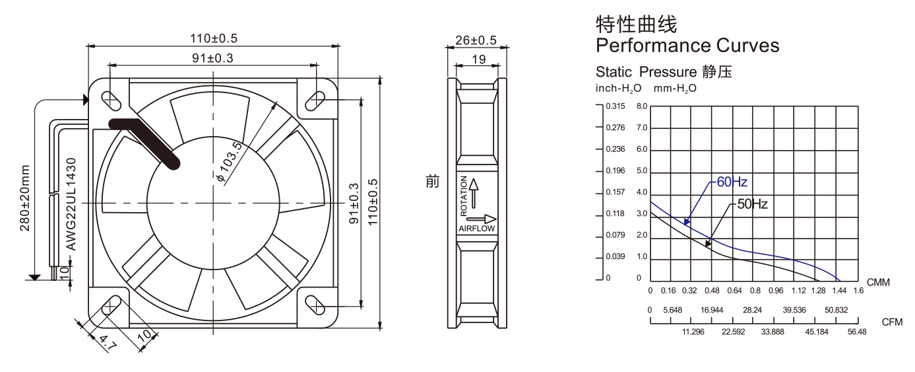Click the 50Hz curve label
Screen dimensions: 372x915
[752, 204]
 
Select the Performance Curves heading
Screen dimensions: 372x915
[687, 46]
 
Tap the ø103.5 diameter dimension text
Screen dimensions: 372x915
[229, 162]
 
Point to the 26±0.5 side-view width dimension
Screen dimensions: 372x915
[476, 41]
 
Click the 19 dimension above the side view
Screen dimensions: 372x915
[480, 59]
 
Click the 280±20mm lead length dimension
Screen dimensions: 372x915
[26, 198]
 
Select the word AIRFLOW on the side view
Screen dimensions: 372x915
[476, 229]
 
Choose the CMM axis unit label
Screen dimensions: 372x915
[878, 283]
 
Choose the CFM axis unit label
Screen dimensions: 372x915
[891, 322]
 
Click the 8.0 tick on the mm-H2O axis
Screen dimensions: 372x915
[642, 106]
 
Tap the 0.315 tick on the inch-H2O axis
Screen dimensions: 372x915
[615, 106]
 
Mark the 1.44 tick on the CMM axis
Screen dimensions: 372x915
[839, 291]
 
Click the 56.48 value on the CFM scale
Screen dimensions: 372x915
[857, 332]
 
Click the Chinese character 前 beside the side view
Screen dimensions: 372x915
[432, 181]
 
